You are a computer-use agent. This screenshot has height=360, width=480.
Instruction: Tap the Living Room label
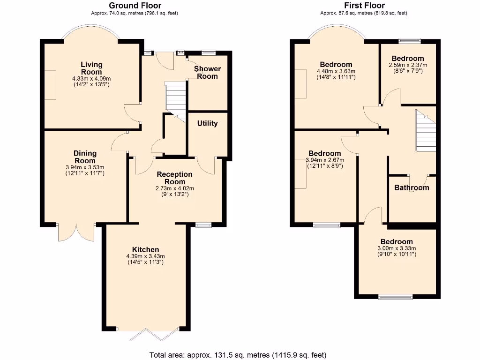click(x=91, y=68)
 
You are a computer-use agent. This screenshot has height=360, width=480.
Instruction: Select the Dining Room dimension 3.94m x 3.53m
click(x=85, y=167)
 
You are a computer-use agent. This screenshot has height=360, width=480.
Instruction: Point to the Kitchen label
click(x=145, y=249)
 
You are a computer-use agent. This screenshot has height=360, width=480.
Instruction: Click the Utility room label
click(x=207, y=124)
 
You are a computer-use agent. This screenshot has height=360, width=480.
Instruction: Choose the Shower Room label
click(x=207, y=72)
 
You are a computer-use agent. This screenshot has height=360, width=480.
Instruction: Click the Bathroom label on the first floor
click(x=412, y=187)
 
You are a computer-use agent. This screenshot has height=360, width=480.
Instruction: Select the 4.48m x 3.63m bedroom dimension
click(x=336, y=71)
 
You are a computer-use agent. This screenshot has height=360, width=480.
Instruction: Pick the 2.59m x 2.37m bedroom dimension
click(x=408, y=65)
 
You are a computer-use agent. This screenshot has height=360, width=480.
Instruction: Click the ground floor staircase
click(x=176, y=97)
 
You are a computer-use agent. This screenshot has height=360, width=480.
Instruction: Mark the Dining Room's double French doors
click(x=76, y=232)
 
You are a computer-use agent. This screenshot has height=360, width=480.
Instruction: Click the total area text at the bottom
click(x=238, y=354)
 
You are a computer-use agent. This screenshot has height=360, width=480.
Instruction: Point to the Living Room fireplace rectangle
click(x=50, y=85)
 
